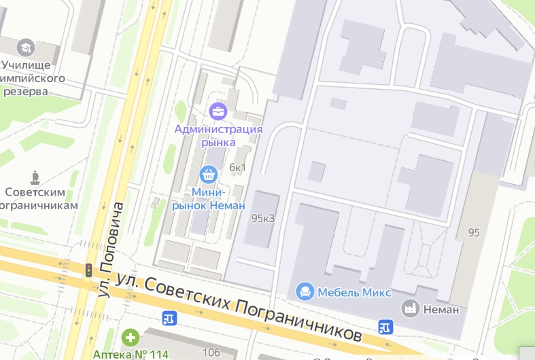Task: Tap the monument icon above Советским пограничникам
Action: coord(35,177)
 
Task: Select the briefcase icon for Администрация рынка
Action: coord(218,111)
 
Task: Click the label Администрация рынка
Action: coord(218,135)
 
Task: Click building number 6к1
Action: coord(237,168)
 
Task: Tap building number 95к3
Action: coord(262,218)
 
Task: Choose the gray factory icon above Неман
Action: coord(410,308)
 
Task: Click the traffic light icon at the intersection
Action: coord(87,270)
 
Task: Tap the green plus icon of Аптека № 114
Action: coord(130,337)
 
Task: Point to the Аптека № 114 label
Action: coord(131,354)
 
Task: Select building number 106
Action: coord(211,352)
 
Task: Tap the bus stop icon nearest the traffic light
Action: coord(169,317)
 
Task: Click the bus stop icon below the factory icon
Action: coord(385,327)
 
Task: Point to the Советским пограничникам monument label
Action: coord(38,198)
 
